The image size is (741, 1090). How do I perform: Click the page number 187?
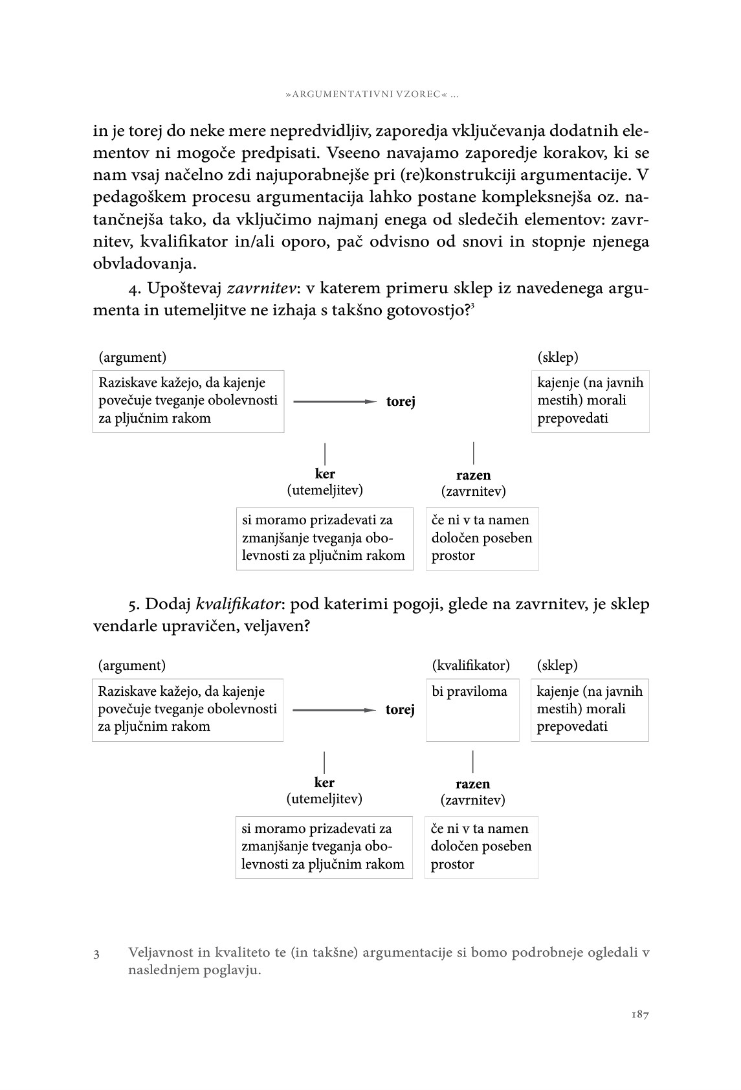tap(639, 1014)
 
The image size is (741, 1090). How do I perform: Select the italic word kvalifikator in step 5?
tap(239, 605)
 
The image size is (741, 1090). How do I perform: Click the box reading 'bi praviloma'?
tap(472, 709)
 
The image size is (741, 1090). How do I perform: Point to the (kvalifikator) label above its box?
tap(470, 665)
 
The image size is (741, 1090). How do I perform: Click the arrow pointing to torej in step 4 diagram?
tap(335, 401)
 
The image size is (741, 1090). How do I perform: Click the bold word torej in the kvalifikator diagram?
tap(400, 710)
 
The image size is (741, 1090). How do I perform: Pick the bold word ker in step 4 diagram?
tap(325, 474)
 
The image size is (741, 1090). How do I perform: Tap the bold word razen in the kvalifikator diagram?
tap(472, 784)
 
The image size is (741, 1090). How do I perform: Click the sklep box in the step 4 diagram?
tap(590, 401)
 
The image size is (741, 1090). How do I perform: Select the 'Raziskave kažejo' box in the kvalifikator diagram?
tap(188, 709)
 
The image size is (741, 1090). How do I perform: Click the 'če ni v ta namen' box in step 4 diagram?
tap(482, 539)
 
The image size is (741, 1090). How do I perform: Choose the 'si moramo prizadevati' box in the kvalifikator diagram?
tap(324, 847)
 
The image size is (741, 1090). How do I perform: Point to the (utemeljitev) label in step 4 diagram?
tap(325, 490)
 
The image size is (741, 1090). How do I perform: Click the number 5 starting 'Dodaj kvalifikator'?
tap(133, 605)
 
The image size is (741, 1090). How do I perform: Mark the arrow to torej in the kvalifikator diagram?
tap(334, 710)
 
